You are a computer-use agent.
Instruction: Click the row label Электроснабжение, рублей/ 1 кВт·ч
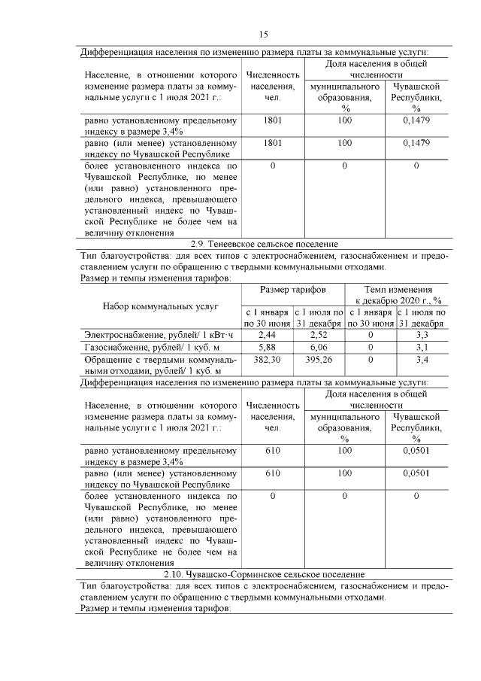click(160, 334)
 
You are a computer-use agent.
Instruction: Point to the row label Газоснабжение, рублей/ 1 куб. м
click(158, 347)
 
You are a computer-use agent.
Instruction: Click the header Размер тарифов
click(292, 290)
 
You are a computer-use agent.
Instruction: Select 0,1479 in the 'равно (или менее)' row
click(416, 143)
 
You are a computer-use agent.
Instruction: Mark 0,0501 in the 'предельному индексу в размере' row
click(416, 451)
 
